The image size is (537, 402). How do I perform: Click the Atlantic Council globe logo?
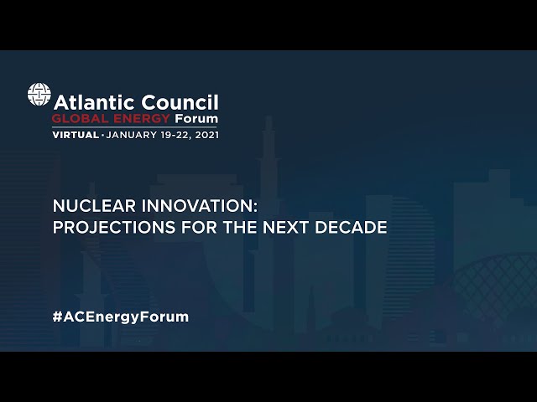click(x=39, y=94)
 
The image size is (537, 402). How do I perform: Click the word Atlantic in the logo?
click(x=94, y=102)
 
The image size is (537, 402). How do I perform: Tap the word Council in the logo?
click(x=180, y=102)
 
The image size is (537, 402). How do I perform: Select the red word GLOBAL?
click(x=80, y=119)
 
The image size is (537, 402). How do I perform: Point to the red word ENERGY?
click(x=142, y=119)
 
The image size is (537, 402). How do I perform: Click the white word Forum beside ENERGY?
click(x=196, y=119)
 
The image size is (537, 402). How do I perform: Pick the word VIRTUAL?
click(x=76, y=135)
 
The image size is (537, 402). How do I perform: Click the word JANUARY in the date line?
click(x=132, y=135)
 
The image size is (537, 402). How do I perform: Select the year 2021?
click(x=207, y=135)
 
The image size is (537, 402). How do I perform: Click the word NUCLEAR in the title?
click(x=94, y=206)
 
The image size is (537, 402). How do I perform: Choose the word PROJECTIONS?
click(x=114, y=227)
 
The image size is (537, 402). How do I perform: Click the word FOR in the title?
click(x=200, y=227)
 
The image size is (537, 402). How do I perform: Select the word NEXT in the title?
click(x=285, y=227)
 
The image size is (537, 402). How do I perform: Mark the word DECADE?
click(x=351, y=227)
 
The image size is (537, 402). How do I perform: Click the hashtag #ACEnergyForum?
click(x=121, y=317)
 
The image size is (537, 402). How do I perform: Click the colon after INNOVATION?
click(x=255, y=207)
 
